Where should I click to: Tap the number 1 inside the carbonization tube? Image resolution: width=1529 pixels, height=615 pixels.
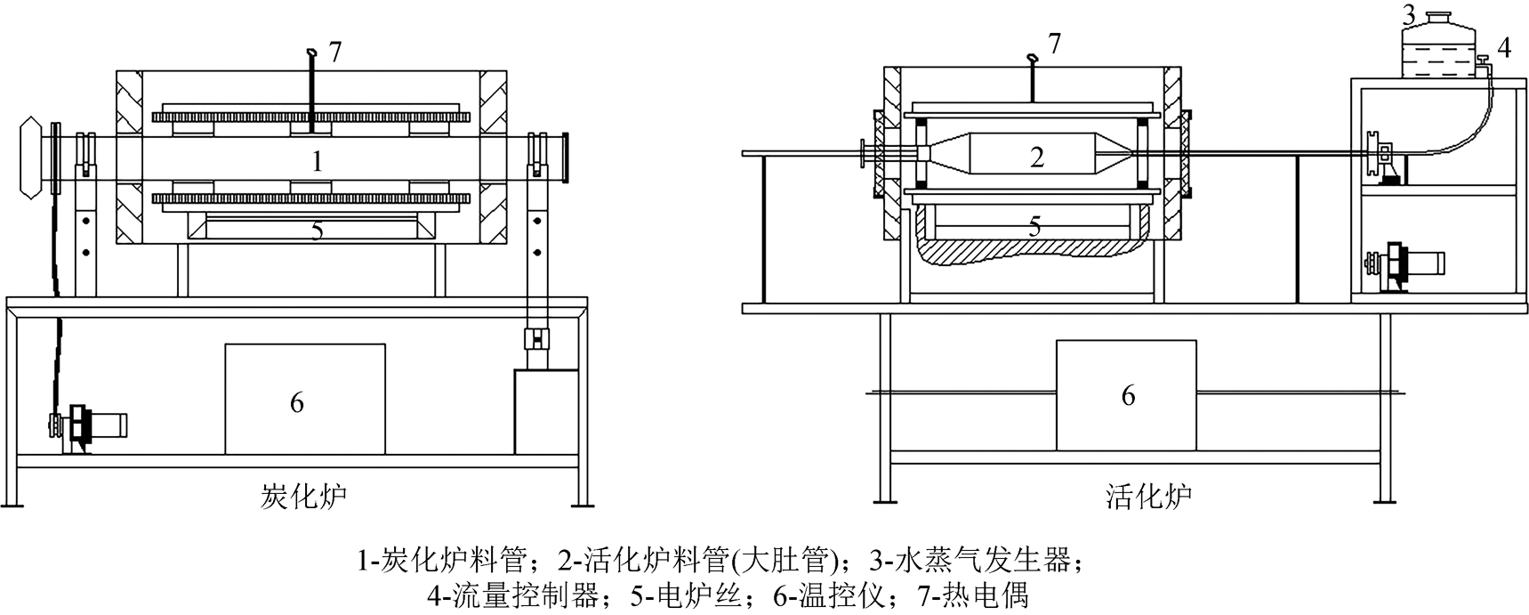pyautogui.click(x=316, y=162)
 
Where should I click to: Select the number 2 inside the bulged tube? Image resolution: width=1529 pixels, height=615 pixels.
pyautogui.click(x=1036, y=158)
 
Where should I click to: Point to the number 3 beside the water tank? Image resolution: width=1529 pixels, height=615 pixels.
pyautogui.click(x=1408, y=15)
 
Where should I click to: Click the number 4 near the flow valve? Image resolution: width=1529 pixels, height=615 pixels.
pyautogui.click(x=1503, y=47)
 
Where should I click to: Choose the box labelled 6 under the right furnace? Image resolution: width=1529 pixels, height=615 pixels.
pyautogui.click(x=1126, y=394)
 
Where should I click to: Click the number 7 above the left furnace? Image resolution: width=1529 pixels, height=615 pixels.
pyautogui.click(x=334, y=53)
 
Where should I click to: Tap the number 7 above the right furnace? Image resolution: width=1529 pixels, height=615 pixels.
pyautogui.click(x=1054, y=44)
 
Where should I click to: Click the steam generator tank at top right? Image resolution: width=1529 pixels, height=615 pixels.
pyautogui.click(x=1437, y=45)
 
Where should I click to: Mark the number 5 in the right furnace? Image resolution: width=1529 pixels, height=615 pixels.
pyautogui.click(x=1034, y=226)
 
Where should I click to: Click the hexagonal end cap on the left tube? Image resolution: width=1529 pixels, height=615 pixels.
pyautogui.click(x=31, y=157)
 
